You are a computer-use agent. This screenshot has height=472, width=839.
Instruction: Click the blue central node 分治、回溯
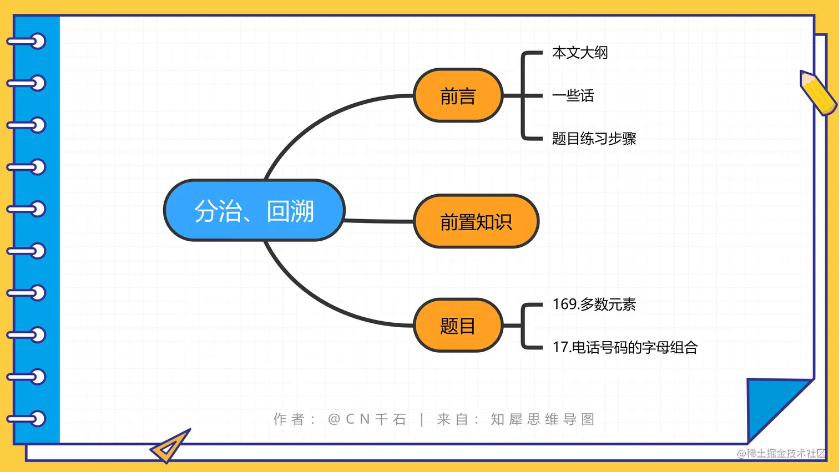pos(254,210)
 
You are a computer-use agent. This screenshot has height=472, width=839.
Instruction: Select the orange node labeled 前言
pos(458,95)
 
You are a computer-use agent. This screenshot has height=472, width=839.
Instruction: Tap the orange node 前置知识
pos(476,221)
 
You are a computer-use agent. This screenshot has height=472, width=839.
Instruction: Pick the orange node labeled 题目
pos(458,326)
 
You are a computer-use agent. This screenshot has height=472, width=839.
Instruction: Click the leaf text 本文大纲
pos(580,53)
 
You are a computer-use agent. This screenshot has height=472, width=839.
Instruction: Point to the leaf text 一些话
pos(573,95)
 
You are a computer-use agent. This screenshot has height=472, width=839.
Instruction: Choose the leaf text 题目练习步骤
pos(594,138)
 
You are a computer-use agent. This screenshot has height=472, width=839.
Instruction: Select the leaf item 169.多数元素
pos(594,304)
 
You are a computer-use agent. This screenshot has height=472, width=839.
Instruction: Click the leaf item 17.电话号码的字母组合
pos(625,347)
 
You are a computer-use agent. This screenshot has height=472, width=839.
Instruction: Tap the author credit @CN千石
pos(367,419)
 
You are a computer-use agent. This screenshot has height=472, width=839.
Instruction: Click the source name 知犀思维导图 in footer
pos(542,419)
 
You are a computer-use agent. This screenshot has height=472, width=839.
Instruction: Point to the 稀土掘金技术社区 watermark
pos(781,453)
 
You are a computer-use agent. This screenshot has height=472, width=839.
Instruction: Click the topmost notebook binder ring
pos(28,42)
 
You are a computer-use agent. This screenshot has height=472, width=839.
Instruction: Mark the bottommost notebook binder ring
pos(28,418)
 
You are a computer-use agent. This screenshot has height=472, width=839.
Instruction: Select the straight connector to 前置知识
pos(379,221)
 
